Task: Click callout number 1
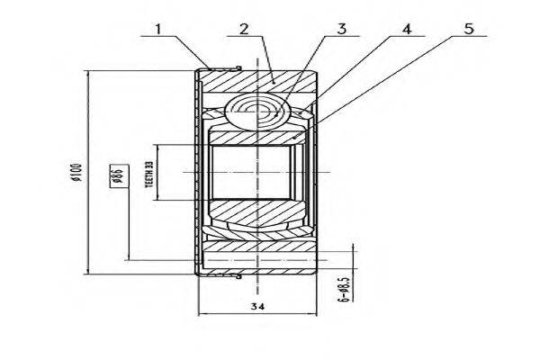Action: click(x=157, y=28)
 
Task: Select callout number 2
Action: click(x=244, y=28)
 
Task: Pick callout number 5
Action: click(x=467, y=28)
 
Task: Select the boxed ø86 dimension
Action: click(x=116, y=175)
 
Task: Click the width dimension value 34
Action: click(x=257, y=306)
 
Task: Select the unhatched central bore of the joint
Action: click(x=252, y=171)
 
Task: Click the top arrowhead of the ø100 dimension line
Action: click(x=87, y=72)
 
